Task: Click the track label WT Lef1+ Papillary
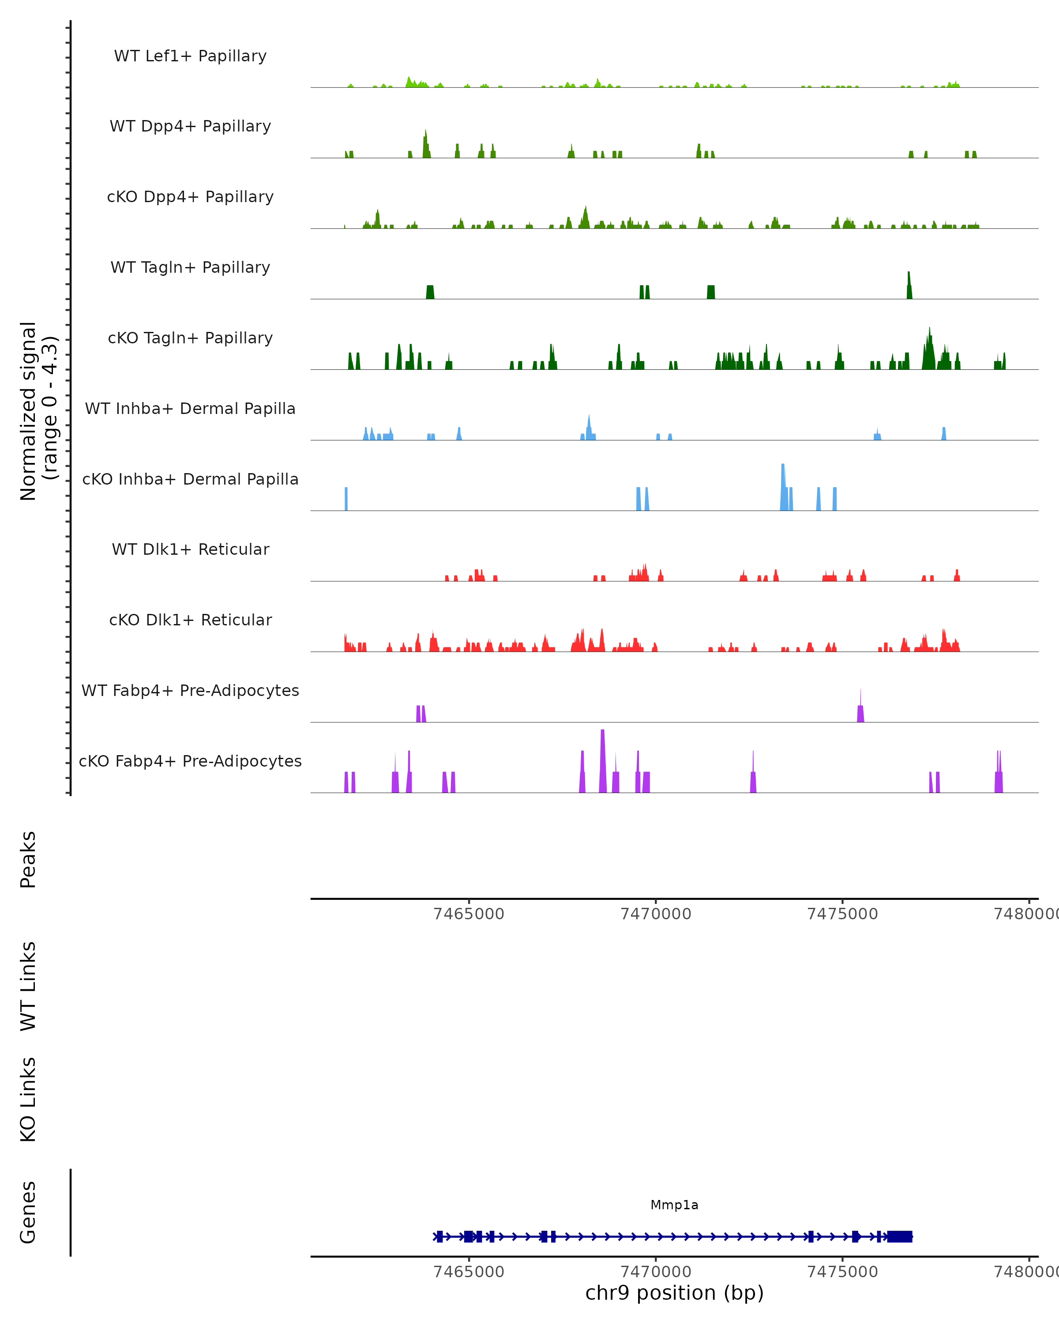(190, 56)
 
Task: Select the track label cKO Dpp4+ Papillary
(190, 197)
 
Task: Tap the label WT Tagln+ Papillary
(190, 268)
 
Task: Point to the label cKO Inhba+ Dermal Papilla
(190, 480)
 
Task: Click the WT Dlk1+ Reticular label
(190, 549)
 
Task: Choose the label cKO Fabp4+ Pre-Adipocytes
(190, 761)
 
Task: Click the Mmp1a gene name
(674, 1205)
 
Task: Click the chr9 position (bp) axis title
(674, 1293)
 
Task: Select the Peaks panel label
(28, 859)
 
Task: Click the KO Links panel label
(28, 1099)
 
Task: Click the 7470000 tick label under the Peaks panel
(656, 914)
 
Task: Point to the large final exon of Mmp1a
(900, 1236)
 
